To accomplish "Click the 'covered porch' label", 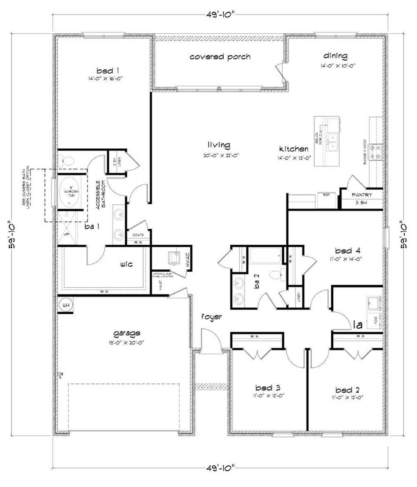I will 220,57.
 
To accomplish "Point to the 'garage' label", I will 127,333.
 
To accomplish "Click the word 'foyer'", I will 211,317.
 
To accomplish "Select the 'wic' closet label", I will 127,264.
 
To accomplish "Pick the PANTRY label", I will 362,195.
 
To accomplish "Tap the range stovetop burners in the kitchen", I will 377,151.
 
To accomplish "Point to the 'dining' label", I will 335,56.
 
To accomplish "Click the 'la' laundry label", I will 358,325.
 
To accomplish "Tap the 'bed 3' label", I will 268,388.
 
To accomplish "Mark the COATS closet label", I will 138,235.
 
